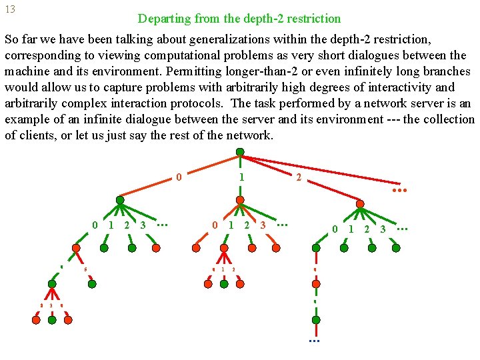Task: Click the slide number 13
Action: [x=10, y=10]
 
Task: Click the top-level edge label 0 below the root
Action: [x=179, y=177]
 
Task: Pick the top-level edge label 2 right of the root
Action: [x=298, y=177]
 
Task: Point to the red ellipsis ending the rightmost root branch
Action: [x=399, y=190]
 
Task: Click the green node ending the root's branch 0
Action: [x=120, y=199]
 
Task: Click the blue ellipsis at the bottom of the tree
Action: [x=315, y=341]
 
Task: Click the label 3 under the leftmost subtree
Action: [x=143, y=225]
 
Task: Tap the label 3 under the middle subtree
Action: [x=263, y=225]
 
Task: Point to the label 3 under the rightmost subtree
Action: [x=383, y=229]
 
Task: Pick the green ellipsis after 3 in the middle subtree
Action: [x=282, y=224]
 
